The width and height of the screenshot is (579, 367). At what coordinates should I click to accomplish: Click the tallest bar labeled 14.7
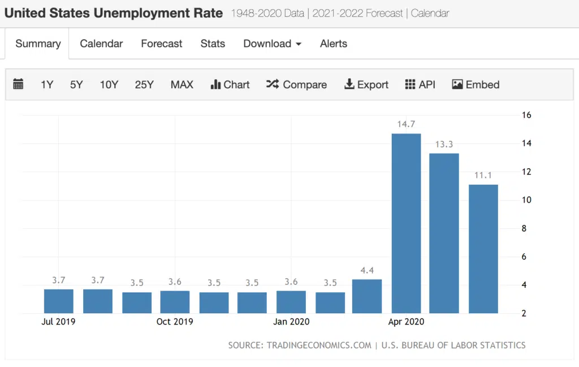(406, 223)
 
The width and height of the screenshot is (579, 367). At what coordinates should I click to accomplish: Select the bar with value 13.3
(444, 233)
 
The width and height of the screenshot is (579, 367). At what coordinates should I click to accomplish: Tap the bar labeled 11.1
(483, 249)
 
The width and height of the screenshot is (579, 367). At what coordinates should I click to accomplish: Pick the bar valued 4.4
(367, 296)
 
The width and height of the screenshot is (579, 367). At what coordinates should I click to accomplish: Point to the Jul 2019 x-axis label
(58, 322)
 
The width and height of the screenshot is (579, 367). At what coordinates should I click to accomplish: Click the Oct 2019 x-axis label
(175, 322)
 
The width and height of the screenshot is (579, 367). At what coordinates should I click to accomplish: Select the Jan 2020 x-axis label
(291, 322)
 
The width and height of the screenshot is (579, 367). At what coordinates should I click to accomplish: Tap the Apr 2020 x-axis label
(406, 322)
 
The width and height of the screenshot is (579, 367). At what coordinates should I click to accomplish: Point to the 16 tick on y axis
(526, 115)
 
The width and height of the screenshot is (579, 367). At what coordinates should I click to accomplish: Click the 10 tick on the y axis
(526, 200)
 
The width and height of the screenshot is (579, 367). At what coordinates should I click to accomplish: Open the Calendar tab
(101, 44)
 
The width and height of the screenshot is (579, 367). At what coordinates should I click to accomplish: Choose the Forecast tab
(162, 44)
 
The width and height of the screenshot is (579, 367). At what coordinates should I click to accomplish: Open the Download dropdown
(272, 44)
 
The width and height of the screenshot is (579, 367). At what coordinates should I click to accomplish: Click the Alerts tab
(334, 44)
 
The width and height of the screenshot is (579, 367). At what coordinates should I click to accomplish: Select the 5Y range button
(76, 84)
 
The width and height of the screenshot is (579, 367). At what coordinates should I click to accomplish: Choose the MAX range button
(182, 84)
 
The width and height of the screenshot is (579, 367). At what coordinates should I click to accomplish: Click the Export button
(366, 84)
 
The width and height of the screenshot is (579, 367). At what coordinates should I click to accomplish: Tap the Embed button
(476, 84)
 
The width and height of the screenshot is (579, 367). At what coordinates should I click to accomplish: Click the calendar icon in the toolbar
(18, 84)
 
